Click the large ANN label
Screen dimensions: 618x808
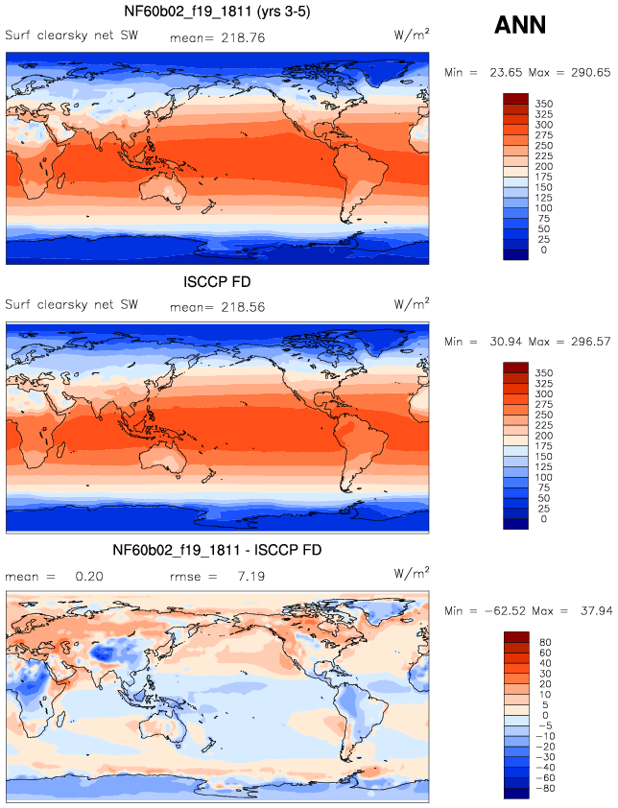click(x=519, y=25)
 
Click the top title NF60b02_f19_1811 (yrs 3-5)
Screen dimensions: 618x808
click(x=217, y=12)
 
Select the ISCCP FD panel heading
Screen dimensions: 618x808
click(x=217, y=282)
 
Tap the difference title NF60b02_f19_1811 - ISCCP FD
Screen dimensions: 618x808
click(x=217, y=551)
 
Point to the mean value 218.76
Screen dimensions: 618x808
click(x=243, y=37)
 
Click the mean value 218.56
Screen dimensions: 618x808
click(x=243, y=307)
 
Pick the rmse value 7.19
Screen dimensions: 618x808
click(x=251, y=576)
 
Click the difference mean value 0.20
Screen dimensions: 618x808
click(x=89, y=576)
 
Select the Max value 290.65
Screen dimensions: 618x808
click(x=591, y=73)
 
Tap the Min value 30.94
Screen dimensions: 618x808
click(x=506, y=342)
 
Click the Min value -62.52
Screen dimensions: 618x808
click(x=505, y=611)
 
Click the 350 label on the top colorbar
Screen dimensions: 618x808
click(x=543, y=104)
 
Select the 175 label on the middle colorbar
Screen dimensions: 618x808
click(x=543, y=446)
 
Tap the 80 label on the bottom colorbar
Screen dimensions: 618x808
click(x=545, y=643)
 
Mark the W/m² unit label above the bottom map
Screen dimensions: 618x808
click(x=412, y=573)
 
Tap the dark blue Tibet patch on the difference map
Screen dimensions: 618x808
click(x=106, y=654)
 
